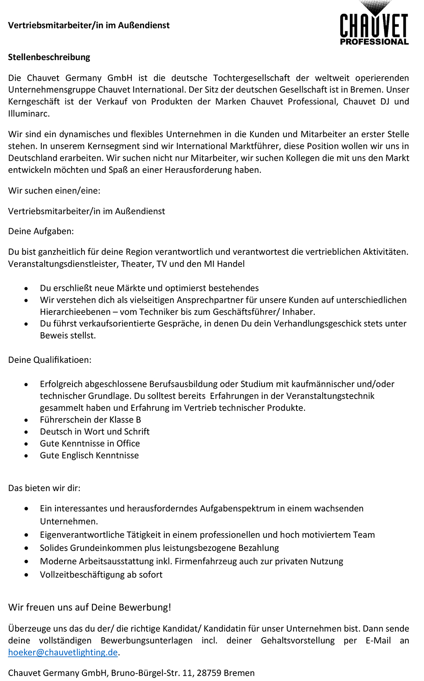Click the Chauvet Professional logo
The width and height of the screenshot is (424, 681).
click(374, 25)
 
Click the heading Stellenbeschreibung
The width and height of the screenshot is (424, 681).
click(49, 57)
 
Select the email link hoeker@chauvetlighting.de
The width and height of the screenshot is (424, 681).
click(63, 652)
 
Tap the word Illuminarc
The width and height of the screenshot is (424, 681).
click(29, 113)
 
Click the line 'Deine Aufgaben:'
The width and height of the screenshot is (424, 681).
click(41, 231)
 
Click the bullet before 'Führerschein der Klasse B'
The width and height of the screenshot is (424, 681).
click(26, 420)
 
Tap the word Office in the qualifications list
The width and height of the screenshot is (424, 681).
click(128, 443)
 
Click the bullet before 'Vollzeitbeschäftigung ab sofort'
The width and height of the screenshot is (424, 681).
click(26, 575)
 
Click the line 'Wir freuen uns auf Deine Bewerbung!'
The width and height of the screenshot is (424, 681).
click(89, 607)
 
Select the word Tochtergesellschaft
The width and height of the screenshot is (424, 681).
click(251, 78)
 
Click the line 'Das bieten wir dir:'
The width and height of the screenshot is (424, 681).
click(44, 488)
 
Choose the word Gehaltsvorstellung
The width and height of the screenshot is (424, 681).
click(297, 640)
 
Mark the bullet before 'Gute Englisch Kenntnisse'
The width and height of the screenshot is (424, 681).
click(26, 456)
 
